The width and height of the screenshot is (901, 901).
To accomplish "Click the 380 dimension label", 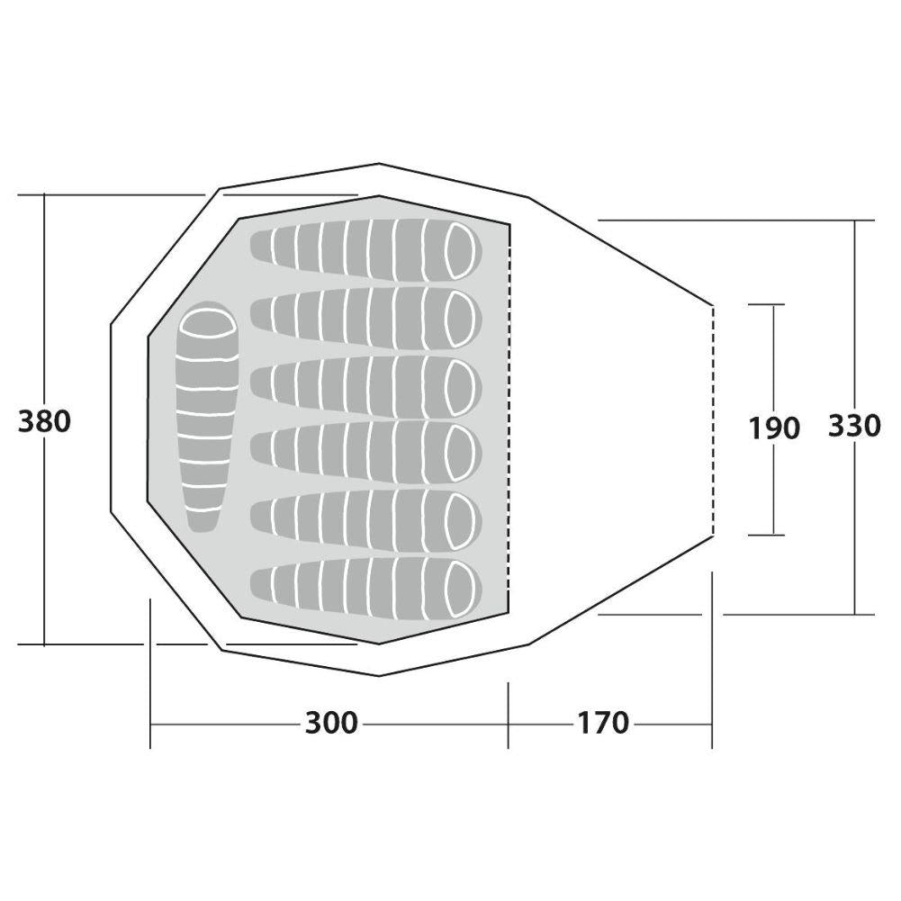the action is tap(44, 421).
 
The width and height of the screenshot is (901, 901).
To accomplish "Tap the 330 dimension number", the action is tap(854, 426).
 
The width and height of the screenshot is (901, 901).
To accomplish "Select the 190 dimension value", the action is tap(774, 428).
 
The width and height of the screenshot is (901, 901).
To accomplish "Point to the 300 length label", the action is tap(331, 723).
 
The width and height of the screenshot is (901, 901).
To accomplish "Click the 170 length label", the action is tap(603, 723).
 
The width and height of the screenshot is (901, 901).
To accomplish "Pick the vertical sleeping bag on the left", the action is tap(207, 417).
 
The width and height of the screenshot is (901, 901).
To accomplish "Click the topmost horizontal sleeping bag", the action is tap(366, 250).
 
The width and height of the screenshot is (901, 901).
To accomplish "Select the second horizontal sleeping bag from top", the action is tap(366, 318).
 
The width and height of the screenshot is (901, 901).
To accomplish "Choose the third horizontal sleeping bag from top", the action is tap(366, 385).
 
